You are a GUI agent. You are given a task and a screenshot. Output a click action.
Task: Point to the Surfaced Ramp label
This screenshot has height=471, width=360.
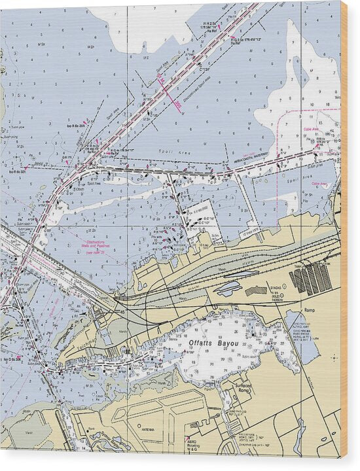[244, 388]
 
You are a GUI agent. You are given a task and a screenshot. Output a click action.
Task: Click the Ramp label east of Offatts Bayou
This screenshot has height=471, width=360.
[308, 310]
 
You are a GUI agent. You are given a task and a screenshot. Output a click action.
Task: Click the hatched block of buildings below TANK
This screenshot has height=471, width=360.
[312, 279]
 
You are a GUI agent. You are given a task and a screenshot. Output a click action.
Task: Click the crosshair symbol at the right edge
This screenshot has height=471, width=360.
[334, 358]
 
